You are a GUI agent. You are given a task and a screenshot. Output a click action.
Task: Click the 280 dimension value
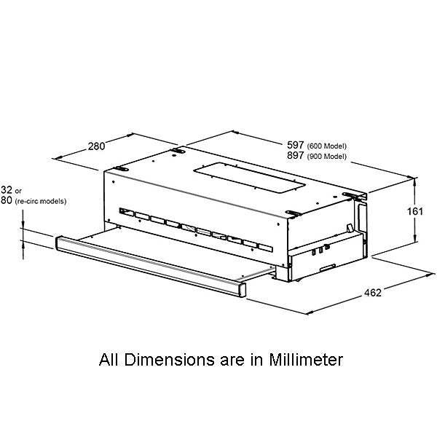[96, 146]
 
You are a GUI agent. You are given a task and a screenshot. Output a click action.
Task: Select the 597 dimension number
[296, 145]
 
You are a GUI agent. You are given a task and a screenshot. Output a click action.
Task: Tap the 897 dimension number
[296, 155]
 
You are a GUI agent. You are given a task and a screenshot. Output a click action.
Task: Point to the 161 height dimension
[415, 211]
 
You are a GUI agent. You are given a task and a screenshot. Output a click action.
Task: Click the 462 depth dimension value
[373, 293]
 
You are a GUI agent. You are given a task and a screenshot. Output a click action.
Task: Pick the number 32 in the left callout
[7, 190]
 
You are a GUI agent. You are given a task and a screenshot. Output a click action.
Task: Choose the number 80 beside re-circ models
[7, 200]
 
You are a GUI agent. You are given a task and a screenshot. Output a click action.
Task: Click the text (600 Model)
[326, 146]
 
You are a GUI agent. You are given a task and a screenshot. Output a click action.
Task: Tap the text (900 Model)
[326, 157]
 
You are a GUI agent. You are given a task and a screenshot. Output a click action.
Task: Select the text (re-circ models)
[41, 201]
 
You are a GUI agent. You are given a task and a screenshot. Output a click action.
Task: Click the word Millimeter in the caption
[306, 360]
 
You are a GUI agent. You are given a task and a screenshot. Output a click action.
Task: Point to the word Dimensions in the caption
[170, 360]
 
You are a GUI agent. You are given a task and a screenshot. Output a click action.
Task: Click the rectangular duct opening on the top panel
[249, 178]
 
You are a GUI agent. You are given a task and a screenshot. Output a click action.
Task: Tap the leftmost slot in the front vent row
[127, 212]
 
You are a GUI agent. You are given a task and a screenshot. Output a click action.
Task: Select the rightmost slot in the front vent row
[265, 248]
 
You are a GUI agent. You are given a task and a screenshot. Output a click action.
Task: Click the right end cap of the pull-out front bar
[242, 290]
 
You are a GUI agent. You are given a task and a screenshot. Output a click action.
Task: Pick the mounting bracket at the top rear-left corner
[178, 151]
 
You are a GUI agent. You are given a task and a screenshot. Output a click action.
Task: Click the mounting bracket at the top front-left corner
[121, 169]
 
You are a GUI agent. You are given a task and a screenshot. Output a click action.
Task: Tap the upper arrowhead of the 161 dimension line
[414, 181]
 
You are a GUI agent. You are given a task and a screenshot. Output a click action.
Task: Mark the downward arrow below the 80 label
[23, 219]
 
